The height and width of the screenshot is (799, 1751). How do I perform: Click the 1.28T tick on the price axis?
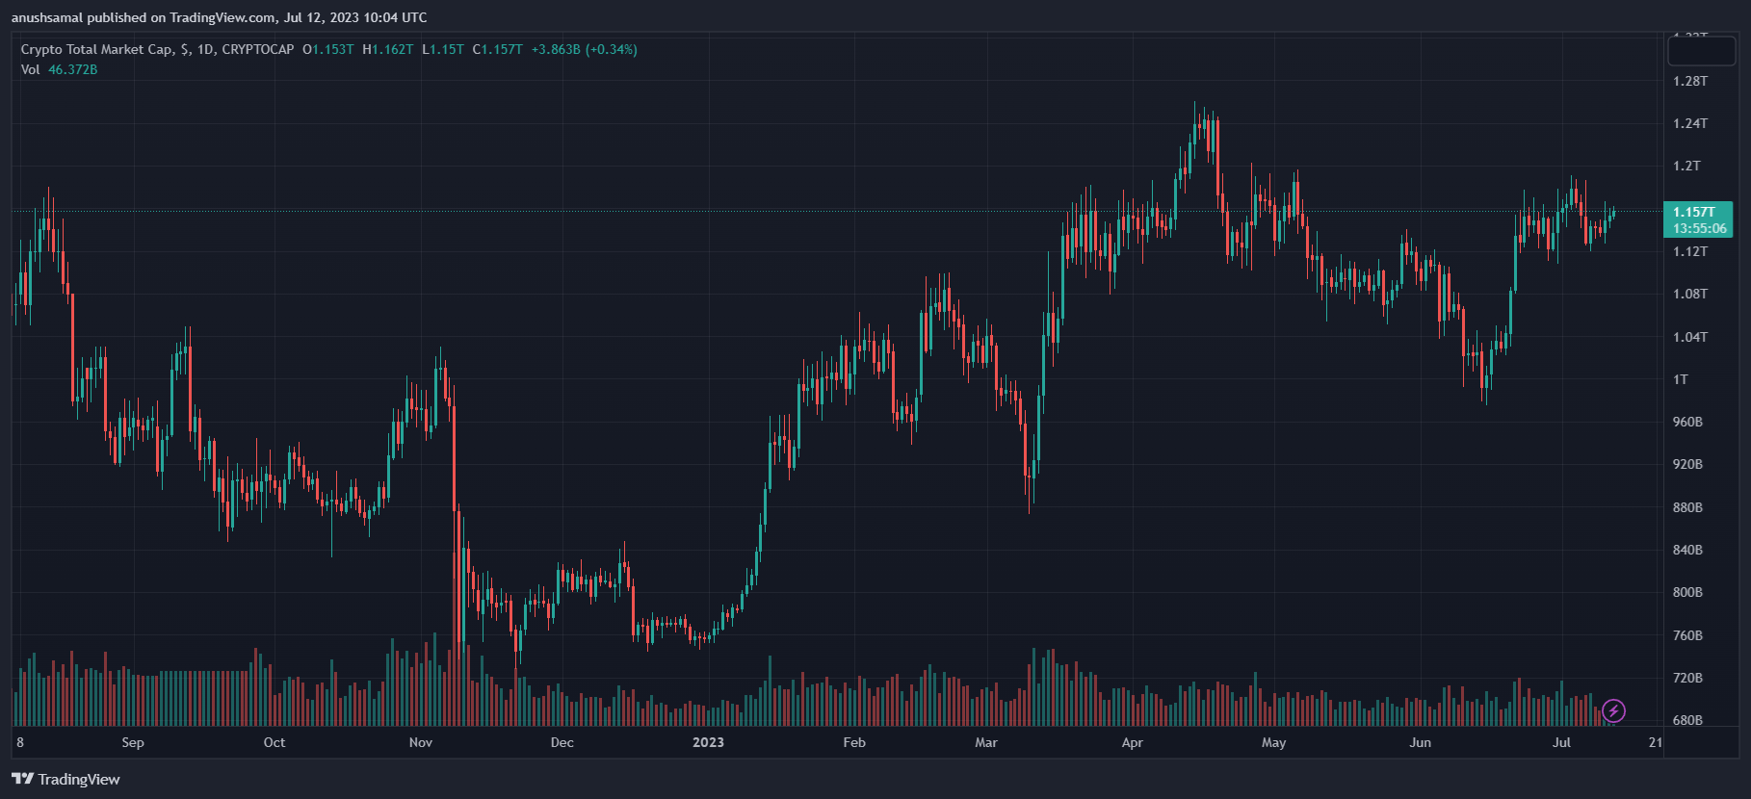click(x=1690, y=81)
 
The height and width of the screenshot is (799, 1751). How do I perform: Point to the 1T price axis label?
click(x=1681, y=379)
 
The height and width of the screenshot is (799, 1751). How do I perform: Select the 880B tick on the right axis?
click(x=1687, y=507)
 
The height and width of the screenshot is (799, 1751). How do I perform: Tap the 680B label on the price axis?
click(x=1687, y=720)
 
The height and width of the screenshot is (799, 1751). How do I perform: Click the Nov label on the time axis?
click(x=421, y=742)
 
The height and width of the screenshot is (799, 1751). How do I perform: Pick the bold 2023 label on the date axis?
click(x=708, y=742)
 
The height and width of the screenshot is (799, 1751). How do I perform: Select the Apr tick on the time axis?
click(x=1133, y=742)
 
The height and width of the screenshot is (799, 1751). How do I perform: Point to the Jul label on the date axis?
click(x=1561, y=742)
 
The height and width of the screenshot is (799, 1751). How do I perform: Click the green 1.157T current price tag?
click(x=1694, y=212)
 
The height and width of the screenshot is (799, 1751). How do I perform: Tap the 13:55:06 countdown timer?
click(x=1699, y=228)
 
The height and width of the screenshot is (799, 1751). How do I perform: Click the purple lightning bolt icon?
click(x=1613, y=711)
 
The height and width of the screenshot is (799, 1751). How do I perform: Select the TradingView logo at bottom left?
click(x=65, y=779)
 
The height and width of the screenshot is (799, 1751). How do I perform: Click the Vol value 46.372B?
click(x=73, y=69)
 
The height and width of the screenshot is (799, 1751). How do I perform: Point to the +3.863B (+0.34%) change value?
click(x=585, y=49)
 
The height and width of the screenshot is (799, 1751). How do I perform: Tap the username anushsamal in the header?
click(x=47, y=17)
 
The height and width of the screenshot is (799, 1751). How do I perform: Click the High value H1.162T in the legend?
click(x=388, y=49)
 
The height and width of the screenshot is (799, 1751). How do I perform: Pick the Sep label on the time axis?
click(x=133, y=742)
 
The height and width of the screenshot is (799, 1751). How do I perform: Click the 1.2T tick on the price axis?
click(x=1686, y=166)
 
